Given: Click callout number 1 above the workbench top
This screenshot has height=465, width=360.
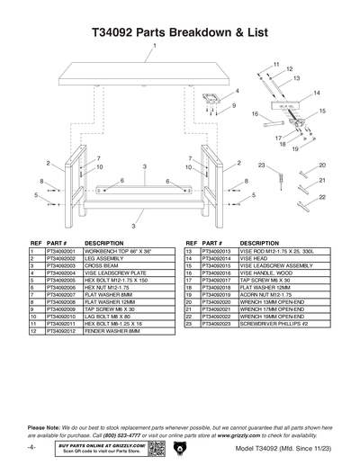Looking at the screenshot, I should pos(155,45).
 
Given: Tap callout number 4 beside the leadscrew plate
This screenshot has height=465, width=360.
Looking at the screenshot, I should pos(237,91).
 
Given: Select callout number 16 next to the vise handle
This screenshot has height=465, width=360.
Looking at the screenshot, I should pos(255,114).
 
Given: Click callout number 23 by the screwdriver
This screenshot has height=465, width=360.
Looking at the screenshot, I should pos(260,165).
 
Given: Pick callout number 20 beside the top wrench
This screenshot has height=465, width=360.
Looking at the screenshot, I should pos(322,165).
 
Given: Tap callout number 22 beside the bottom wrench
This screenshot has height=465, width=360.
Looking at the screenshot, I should pos(322,196).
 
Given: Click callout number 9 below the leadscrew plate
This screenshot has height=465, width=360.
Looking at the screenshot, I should pos(233,105).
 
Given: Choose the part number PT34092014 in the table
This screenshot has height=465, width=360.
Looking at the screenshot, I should pos(217,261).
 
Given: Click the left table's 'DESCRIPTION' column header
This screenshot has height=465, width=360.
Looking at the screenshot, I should pos(103,244).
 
